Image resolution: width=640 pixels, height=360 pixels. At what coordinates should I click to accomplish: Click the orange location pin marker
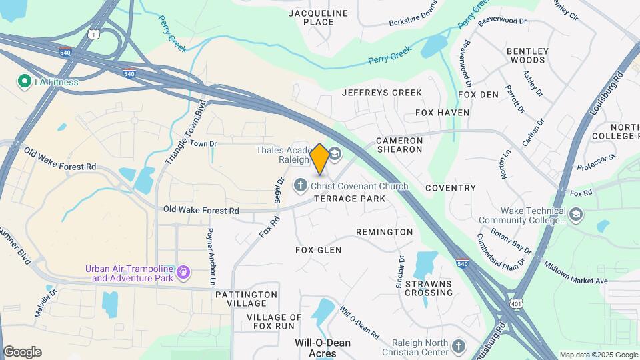[x=319, y=159]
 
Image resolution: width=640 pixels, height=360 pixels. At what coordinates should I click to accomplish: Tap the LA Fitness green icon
[x=25, y=81]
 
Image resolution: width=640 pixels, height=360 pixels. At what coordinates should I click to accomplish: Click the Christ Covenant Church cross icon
[x=301, y=185]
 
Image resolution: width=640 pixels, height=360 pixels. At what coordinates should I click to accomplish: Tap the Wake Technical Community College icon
[x=576, y=215]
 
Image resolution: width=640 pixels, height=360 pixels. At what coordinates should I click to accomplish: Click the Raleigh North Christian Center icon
[x=457, y=346]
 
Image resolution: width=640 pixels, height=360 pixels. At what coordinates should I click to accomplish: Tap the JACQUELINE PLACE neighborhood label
[x=318, y=17]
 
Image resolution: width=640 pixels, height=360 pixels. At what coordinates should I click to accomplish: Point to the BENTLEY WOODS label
[x=527, y=55]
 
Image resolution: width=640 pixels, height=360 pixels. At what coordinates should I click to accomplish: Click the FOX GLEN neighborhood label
[x=318, y=250]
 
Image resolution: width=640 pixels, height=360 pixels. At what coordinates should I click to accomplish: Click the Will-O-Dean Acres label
[x=323, y=347]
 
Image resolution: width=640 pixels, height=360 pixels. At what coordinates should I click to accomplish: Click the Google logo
[x=22, y=352]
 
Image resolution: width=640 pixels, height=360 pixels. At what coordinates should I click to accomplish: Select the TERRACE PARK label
[x=350, y=199]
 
